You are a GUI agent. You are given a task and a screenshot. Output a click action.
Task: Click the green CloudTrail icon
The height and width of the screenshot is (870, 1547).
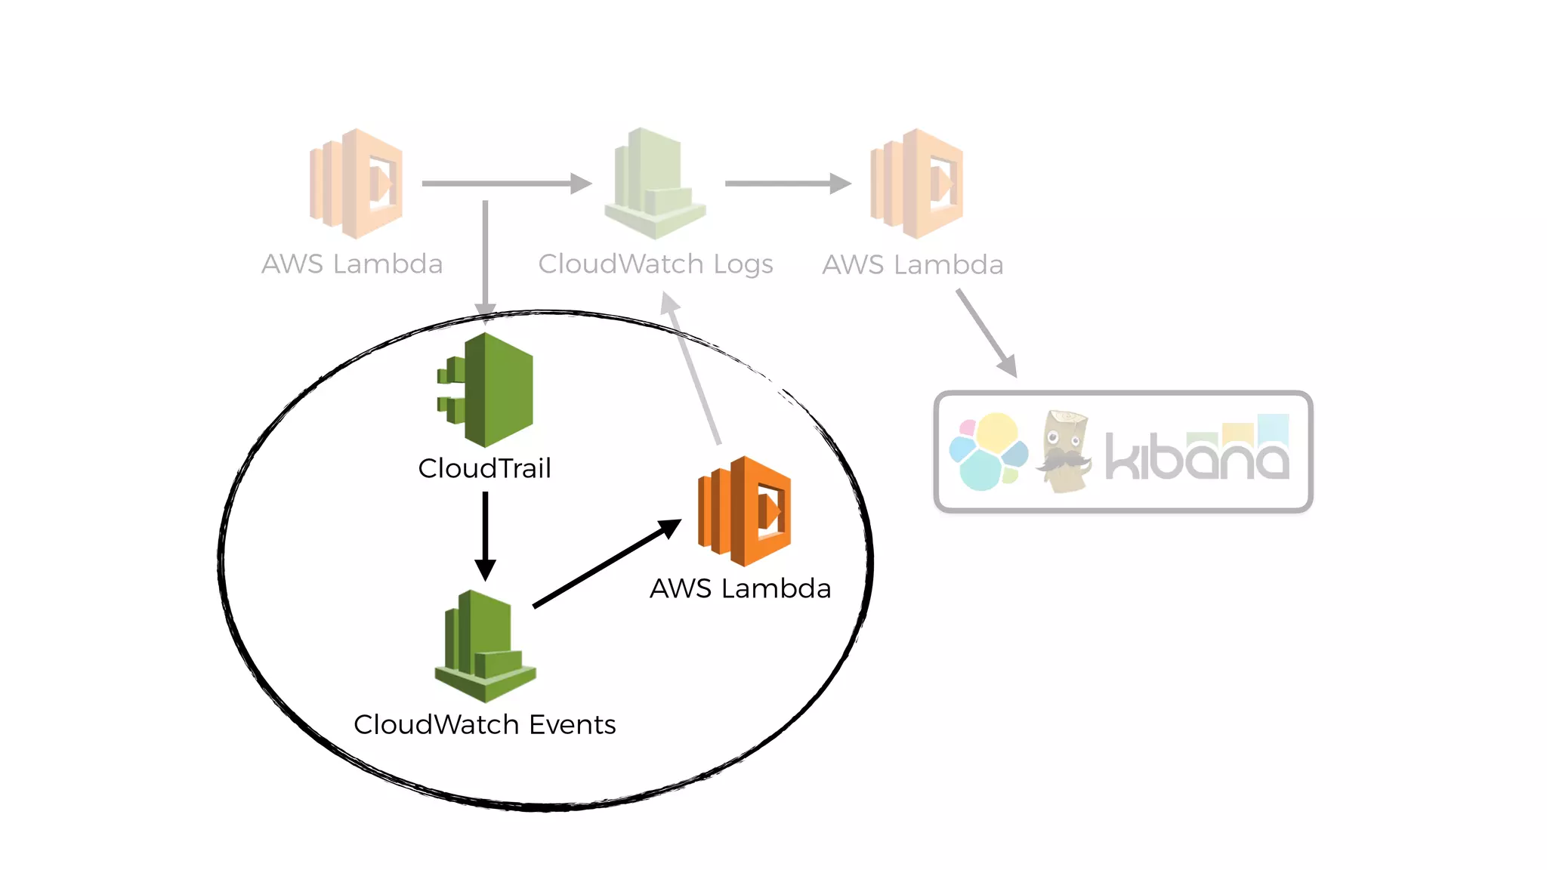click(x=487, y=390)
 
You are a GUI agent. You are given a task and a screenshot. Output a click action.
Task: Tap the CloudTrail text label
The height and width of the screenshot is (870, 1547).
click(x=484, y=468)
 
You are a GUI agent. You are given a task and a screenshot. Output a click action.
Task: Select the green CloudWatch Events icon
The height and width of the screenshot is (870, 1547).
click(x=485, y=646)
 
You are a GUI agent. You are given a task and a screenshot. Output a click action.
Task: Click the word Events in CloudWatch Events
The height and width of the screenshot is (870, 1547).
click(x=572, y=724)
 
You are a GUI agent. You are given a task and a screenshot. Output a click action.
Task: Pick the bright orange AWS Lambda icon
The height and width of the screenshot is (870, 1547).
click(x=745, y=511)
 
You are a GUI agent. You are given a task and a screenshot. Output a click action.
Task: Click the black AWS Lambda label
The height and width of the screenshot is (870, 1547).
click(x=740, y=588)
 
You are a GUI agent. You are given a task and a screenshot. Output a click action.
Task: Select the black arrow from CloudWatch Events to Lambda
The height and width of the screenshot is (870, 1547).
click(x=604, y=564)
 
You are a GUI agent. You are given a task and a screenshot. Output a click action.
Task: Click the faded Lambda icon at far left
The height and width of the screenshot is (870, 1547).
click(x=357, y=184)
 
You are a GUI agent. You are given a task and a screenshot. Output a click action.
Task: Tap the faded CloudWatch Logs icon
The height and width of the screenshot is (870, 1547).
click(x=654, y=184)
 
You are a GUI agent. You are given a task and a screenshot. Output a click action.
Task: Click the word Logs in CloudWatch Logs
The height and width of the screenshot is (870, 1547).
click(x=743, y=264)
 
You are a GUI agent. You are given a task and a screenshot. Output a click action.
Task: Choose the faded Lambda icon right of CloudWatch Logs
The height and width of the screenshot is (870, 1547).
click(x=917, y=184)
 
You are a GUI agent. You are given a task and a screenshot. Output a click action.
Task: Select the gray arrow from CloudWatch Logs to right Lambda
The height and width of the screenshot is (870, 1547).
click(x=786, y=184)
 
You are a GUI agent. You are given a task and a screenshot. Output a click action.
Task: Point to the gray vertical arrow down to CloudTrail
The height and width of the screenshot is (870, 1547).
click(x=485, y=257)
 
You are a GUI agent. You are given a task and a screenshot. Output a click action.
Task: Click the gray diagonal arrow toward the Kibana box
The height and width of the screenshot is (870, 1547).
click(x=985, y=331)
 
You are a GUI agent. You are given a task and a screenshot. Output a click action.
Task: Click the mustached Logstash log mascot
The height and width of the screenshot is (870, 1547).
click(x=1065, y=452)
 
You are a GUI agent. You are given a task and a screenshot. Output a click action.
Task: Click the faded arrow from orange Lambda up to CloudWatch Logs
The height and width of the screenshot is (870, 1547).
click(x=693, y=370)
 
